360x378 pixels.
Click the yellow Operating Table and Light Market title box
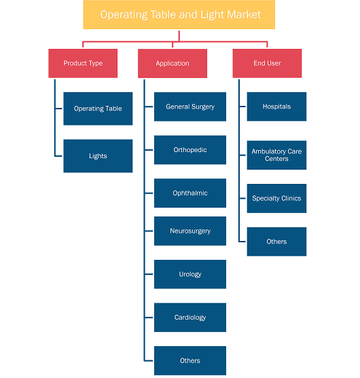click(x=179, y=15)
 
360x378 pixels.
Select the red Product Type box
click(x=83, y=63)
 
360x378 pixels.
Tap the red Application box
click(x=173, y=63)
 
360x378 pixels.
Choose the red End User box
click(x=267, y=63)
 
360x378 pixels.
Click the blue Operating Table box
click(x=98, y=109)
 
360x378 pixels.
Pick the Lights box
click(x=98, y=156)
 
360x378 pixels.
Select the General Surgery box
click(x=190, y=107)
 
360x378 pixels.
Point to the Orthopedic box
click(x=190, y=150)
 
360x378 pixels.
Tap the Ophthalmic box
click(x=190, y=193)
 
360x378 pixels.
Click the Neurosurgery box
click(x=190, y=231)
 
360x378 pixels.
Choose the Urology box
click(x=190, y=274)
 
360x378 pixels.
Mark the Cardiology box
click(x=190, y=318)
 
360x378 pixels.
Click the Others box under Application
click(x=190, y=360)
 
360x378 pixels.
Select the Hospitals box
click(x=276, y=107)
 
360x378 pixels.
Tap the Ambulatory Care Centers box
click(x=276, y=155)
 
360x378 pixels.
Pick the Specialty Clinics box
click(x=276, y=198)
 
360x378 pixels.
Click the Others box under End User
click(x=276, y=242)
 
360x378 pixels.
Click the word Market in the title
click(x=244, y=14)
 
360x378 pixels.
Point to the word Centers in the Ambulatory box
click(x=276, y=159)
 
